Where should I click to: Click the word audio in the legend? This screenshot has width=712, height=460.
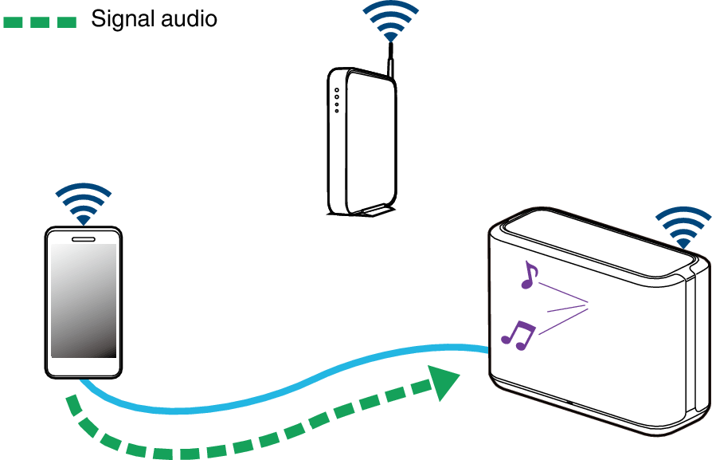(x=191, y=18)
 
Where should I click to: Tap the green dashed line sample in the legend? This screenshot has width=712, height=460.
(x=40, y=22)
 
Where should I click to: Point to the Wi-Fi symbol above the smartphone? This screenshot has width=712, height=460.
(x=84, y=204)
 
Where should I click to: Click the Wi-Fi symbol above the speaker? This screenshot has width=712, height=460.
(x=683, y=228)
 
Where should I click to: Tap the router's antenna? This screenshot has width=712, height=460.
(x=389, y=60)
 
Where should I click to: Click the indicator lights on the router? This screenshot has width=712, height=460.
(x=337, y=100)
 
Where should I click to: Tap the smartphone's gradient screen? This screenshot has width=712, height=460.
(x=84, y=301)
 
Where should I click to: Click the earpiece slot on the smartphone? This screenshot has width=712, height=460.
(x=84, y=239)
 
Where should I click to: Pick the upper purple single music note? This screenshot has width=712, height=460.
(x=529, y=275)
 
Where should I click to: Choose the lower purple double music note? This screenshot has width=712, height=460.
(x=518, y=336)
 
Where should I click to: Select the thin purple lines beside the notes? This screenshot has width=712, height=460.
(x=563, y=309)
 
